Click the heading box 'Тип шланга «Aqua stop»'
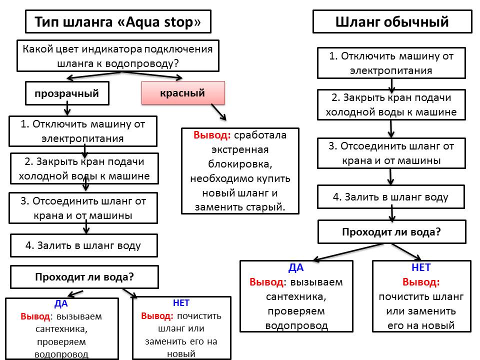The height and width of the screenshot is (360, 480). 118,22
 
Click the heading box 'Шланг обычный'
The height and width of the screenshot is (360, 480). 392,22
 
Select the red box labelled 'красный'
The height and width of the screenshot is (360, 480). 183,93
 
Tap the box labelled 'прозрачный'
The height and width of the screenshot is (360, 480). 67,93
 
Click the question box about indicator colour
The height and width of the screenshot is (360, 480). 118,56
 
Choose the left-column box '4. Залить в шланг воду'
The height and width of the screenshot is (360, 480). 84,245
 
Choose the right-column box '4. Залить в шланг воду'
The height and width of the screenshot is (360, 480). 391,197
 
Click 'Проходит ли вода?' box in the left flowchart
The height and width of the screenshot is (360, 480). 84,277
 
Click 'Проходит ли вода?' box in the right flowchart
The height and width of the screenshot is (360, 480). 391,232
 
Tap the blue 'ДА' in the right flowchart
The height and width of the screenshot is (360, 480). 296,267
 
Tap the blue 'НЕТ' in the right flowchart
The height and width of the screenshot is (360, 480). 421,267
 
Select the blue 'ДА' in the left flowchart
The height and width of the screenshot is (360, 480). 61,303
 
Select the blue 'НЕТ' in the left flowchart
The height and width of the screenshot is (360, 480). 181,303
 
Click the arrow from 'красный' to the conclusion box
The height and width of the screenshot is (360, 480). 218,112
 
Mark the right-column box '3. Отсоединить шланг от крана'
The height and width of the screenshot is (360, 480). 391,153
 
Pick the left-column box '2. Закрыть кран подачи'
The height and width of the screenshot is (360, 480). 84,168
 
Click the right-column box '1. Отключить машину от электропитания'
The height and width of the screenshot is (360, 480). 391,63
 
